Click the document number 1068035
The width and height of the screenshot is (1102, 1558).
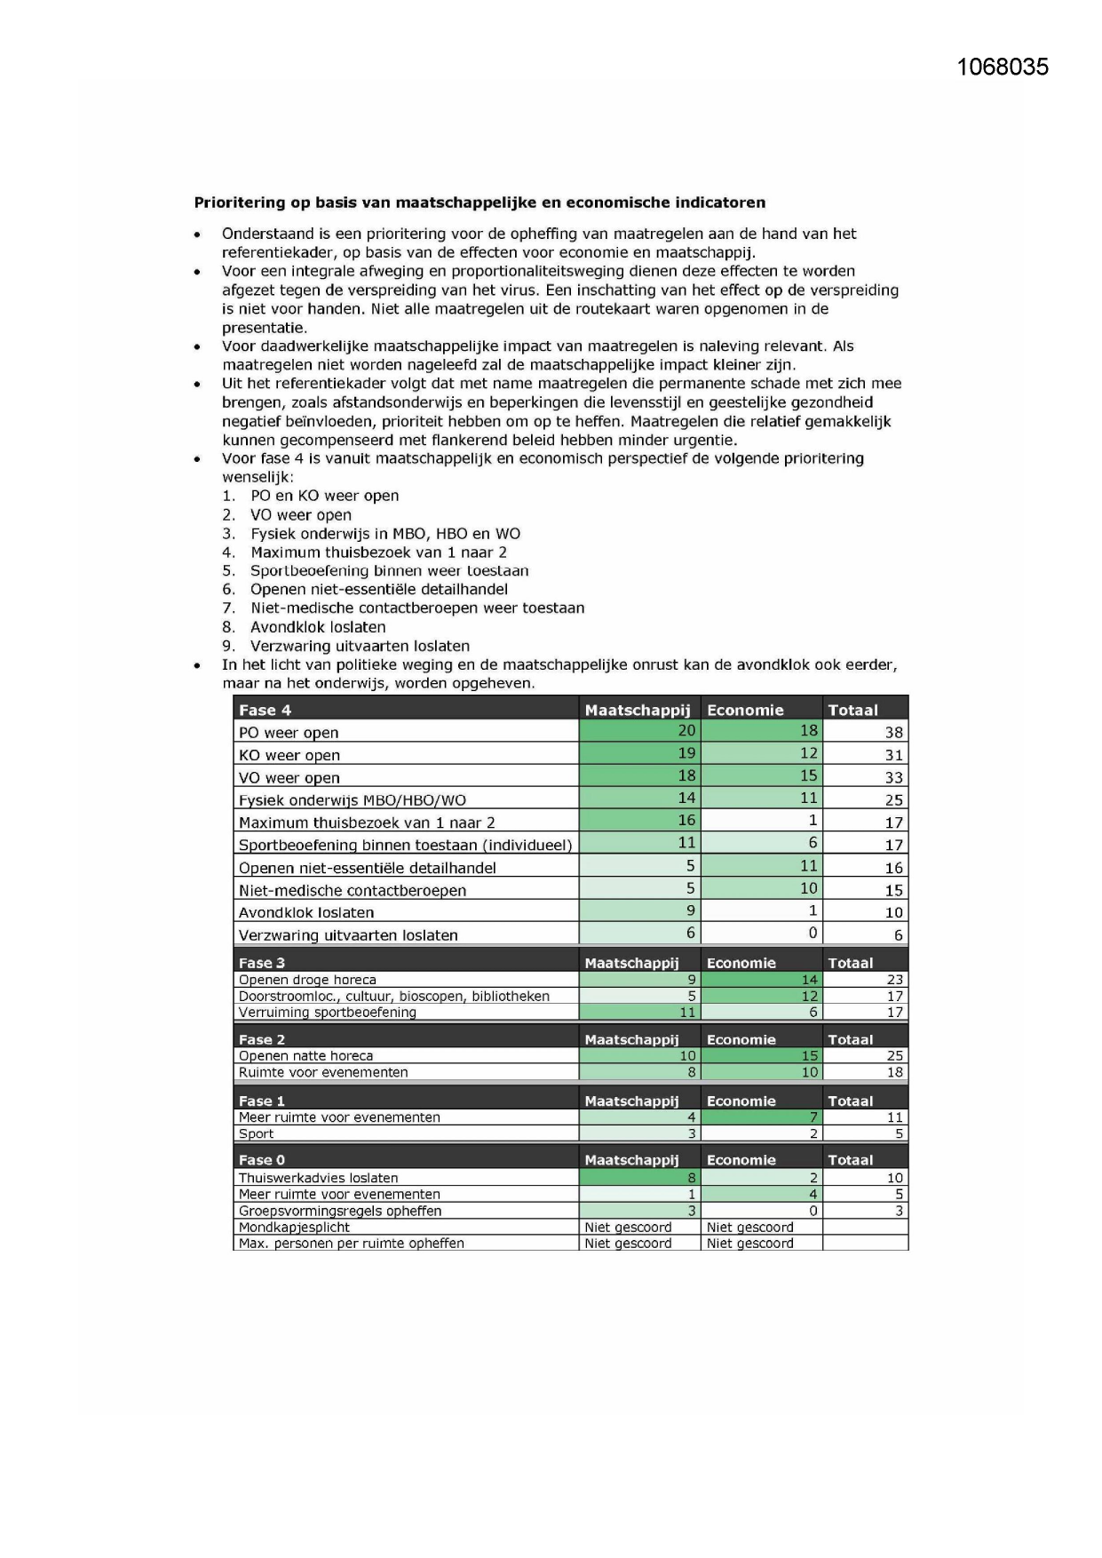pos(1003,68)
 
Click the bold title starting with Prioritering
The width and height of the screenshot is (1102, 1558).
pos(480,203)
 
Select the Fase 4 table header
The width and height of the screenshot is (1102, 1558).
pos(265,710)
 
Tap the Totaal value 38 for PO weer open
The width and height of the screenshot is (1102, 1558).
pos(893,733)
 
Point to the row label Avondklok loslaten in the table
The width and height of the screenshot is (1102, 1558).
pos(305,912)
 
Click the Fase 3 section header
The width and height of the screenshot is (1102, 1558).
pos(262,963)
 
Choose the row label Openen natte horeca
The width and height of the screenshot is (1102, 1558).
pos(305,1056)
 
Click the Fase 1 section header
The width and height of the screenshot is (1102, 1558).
pos(262,1101)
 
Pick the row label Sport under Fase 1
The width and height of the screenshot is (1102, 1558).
pos(256,1133)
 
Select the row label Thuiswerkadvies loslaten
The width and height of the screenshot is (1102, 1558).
pos(318,1178)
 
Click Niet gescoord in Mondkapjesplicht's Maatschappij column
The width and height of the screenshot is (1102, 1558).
pos(628,1228)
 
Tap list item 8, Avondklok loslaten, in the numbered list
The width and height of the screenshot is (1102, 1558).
pos(317,627)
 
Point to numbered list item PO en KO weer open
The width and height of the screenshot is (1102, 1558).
pos(324,496)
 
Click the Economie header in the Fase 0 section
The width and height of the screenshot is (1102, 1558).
pos(741,1160)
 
